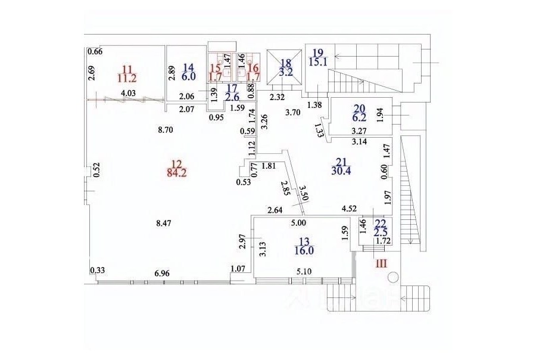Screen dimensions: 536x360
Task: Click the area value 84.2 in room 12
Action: [x=177, y=173]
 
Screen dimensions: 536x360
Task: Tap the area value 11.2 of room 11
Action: [x=127, y=78]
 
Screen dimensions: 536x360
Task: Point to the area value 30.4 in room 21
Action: [x=341, y=170]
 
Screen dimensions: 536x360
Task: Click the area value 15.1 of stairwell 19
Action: [x=318, y=62]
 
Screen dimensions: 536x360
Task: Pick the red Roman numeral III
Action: [x=382, y=263]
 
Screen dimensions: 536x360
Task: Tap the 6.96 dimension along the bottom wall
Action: [x=163, y=274]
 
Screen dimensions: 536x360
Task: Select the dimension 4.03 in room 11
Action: [x=128, y=93]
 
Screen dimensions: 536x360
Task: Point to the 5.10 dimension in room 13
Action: [x=304, y=272]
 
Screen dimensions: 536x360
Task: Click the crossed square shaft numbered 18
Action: [x=284, y=67]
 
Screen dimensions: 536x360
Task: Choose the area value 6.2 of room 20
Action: [x=359, y=118]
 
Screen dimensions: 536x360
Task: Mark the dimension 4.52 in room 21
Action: [x=350, y=209]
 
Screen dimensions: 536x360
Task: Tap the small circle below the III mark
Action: [x=393, y=277]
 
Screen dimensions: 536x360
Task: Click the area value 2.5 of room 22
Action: [x=380, y=233]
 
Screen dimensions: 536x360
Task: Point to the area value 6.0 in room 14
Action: [x=189, y=76]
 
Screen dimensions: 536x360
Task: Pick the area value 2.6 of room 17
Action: [x=232, y=97]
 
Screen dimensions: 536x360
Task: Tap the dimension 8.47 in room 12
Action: [x=163, y=224]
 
